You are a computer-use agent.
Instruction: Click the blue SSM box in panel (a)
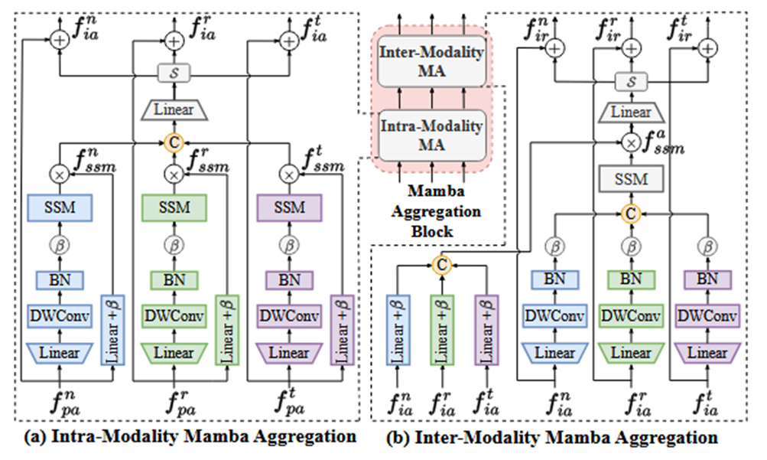pyautogui.click(x=60, y=207)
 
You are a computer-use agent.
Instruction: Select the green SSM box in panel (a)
pyautogui.click(x=174, y=207)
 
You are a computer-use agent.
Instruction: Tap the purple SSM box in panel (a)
pyautogui.click(x=289, y=207)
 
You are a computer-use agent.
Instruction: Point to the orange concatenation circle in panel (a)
pyautogui.click(x=174, y=142)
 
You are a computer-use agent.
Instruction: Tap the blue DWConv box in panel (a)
pyautogui.click(x=60, y=315)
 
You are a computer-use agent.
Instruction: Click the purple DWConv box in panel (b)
pyautogui.click(x=707, y=315)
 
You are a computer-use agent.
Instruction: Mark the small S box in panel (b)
pyautogui.click(x=631, y=81)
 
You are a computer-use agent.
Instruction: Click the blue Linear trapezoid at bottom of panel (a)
pyautogui.click(x=60, y=353)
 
